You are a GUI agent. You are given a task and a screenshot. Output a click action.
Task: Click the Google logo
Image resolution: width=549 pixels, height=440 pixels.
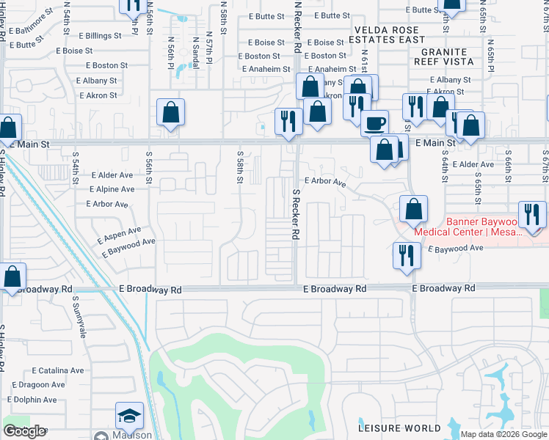click(23, 431)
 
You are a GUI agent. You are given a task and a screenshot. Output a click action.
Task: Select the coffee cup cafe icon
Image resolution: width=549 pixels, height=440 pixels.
click(375, 122)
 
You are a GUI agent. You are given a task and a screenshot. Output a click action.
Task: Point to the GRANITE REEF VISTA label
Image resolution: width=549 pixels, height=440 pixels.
click(443, 56)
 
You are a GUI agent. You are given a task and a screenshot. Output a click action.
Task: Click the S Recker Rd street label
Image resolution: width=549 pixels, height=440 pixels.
click(296, 215)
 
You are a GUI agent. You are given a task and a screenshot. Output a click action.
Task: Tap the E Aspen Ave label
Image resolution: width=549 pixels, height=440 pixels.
click(119, 235)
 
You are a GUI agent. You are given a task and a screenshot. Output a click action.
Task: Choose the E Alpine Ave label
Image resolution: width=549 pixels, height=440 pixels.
click(112, 189)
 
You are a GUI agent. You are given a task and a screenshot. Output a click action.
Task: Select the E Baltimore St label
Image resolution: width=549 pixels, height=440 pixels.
click(30, 23)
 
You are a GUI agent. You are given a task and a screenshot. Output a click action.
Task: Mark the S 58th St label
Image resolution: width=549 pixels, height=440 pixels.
click(240, 168)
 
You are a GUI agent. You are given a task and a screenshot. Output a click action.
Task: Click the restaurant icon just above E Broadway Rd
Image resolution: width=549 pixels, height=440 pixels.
click(406, 256)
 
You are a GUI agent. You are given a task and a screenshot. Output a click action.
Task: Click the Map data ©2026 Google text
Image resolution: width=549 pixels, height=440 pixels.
click(504, 434)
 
